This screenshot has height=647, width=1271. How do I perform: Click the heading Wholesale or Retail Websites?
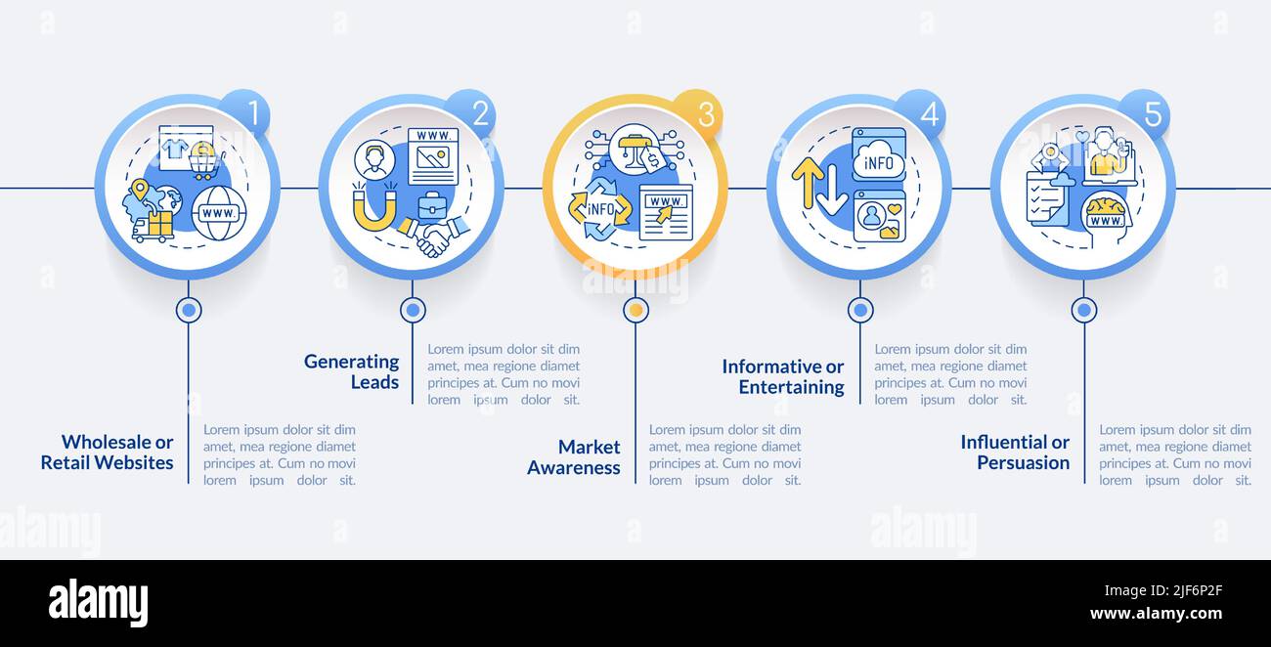tap(108, 453)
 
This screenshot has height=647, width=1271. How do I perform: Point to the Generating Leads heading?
tap(352, 371)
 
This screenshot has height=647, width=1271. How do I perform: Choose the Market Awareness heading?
tap(574, 456)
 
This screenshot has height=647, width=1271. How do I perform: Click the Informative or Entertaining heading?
tap(783, 376)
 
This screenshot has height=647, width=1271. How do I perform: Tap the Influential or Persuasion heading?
tap(1015, 452)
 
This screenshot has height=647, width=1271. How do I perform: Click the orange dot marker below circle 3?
tap(636, 310)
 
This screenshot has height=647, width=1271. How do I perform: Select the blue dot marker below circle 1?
tap(189, 310)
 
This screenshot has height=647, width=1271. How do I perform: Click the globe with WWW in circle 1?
tap(218, 213)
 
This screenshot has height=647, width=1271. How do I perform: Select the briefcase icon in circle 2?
tap(431, 205)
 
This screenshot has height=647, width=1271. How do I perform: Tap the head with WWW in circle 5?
tap(1106, 215)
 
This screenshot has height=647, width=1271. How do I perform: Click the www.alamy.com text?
tap(1156, 614)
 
